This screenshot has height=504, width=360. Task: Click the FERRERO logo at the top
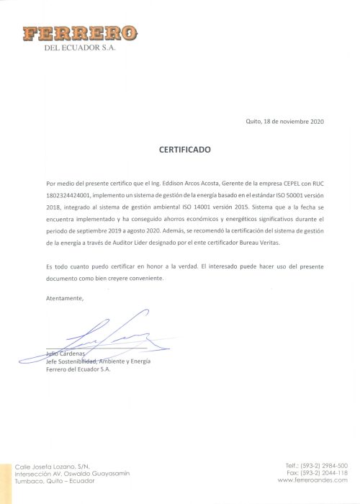(x=79, y=33)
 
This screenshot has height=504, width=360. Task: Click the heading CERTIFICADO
(x=185, y=150)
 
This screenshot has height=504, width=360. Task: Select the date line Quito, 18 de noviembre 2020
(x=284, y=121)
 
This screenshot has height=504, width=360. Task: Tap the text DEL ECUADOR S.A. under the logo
(x=80, y=48)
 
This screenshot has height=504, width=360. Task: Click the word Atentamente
(x=65, y=297)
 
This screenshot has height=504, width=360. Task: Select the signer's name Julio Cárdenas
(x=65, y=354)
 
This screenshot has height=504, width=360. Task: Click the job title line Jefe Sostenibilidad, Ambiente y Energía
(x=98, y=361)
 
